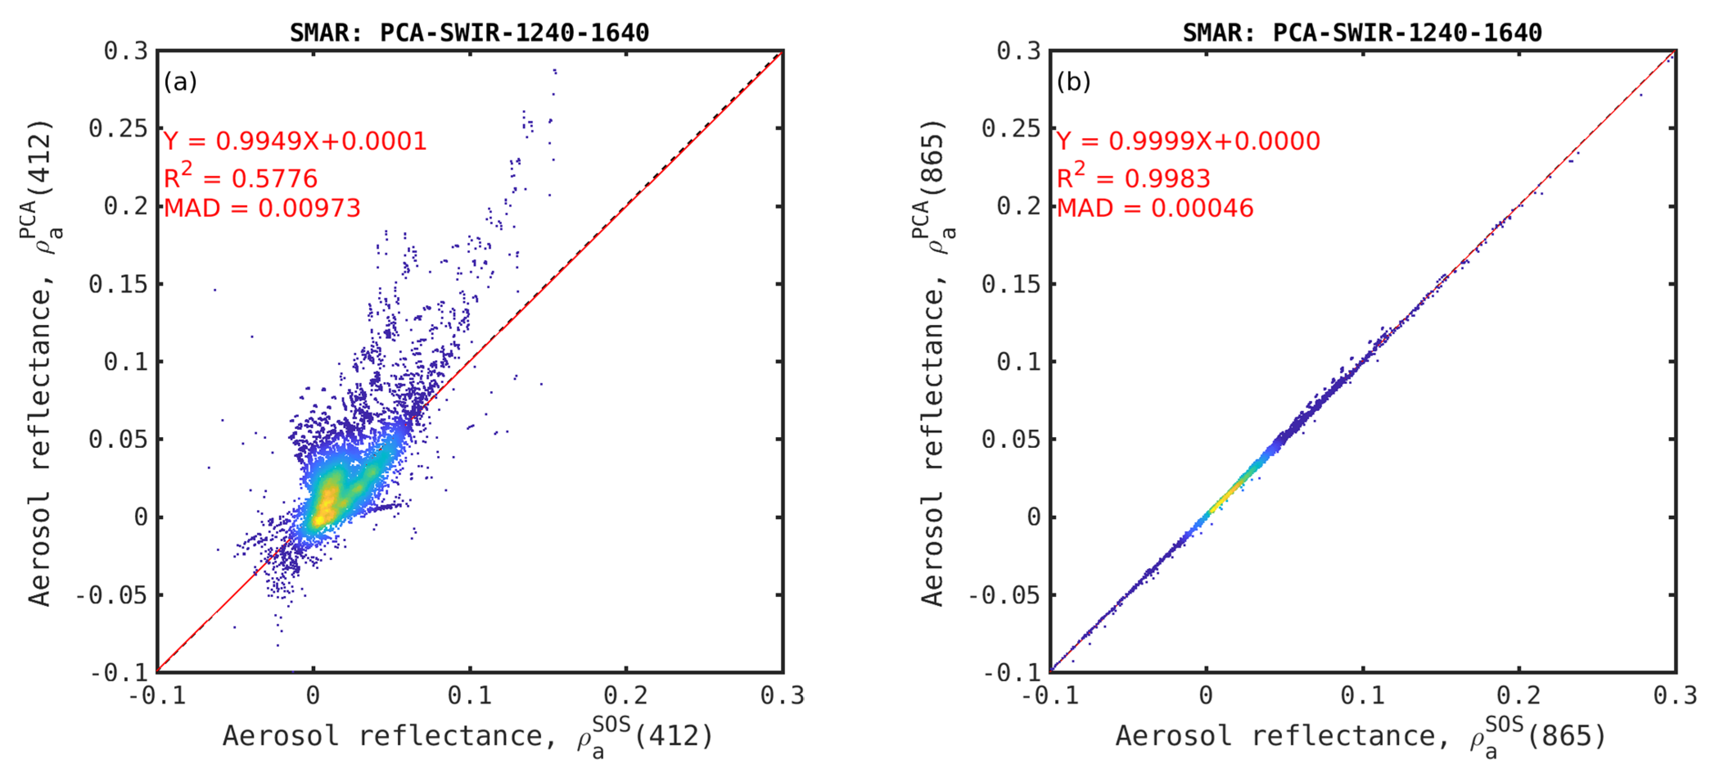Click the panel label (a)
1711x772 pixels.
click(x=180, y=82)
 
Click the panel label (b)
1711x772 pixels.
click(x=1073, y=82)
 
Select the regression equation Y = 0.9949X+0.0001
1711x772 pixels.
click(x=295, y=141)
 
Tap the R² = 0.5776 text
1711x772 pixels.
click(x=241, y=177)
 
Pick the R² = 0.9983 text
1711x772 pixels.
click(x=1133, y=177)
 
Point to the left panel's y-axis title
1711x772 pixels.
click(x=41, y=362)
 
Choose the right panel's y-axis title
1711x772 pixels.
click(x=934, y=362)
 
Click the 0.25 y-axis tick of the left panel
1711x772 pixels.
click(x=118, y=128)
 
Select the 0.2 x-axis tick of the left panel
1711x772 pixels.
click(x=626, y=695)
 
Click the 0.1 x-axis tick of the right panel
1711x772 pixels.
click(x=1362, y=695)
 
